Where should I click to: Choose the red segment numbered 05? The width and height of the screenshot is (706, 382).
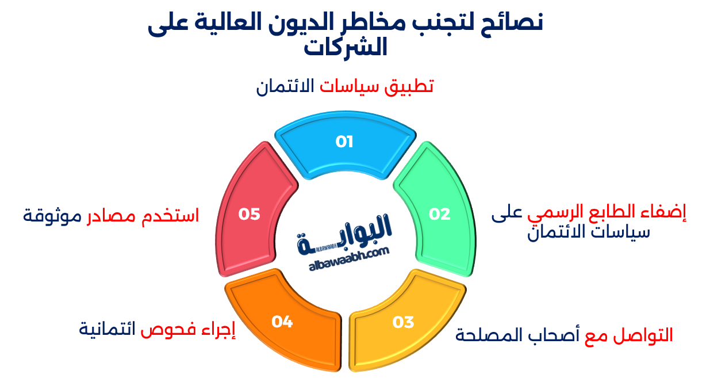coord(253,213)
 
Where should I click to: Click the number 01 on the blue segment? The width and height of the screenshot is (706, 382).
coord(344,142)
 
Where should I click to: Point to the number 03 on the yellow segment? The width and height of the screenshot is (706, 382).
coord(403,322)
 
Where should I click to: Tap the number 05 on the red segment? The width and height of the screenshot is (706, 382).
coord(250,214)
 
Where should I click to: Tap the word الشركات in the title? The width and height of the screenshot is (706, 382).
coord(346,47)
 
